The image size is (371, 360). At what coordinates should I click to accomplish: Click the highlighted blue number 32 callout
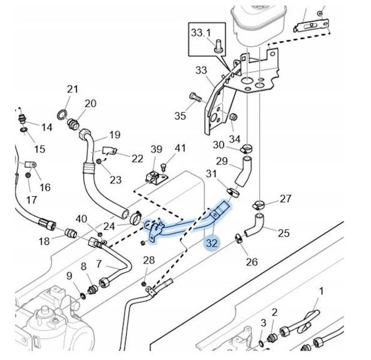[211, 244]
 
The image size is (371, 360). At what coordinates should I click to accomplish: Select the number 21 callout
[73, 89]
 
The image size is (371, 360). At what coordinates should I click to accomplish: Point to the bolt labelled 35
[195, 95]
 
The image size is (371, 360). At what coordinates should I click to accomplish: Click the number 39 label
[156, 149]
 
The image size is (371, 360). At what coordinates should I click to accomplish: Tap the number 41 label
[180, 148]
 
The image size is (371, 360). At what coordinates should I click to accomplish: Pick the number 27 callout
[285, 199]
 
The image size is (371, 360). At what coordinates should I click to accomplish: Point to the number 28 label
[149, 260]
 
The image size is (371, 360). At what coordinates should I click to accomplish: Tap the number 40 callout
[81, 218]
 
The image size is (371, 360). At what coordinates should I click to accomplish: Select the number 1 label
[321, 291]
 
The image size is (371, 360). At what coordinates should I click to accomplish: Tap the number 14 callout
[46, 127]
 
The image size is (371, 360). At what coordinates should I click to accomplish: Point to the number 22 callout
[137, 158]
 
